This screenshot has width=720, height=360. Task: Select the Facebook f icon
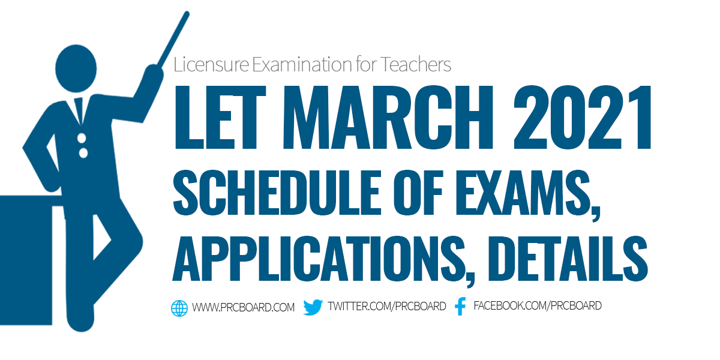click(x=460, y=307)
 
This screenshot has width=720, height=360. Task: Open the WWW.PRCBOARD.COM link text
click(x=243, y=308)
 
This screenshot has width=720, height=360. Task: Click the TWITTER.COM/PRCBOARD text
click(x=387, y=307)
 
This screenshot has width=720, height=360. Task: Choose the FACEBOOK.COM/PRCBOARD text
click(x=538, y=306)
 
